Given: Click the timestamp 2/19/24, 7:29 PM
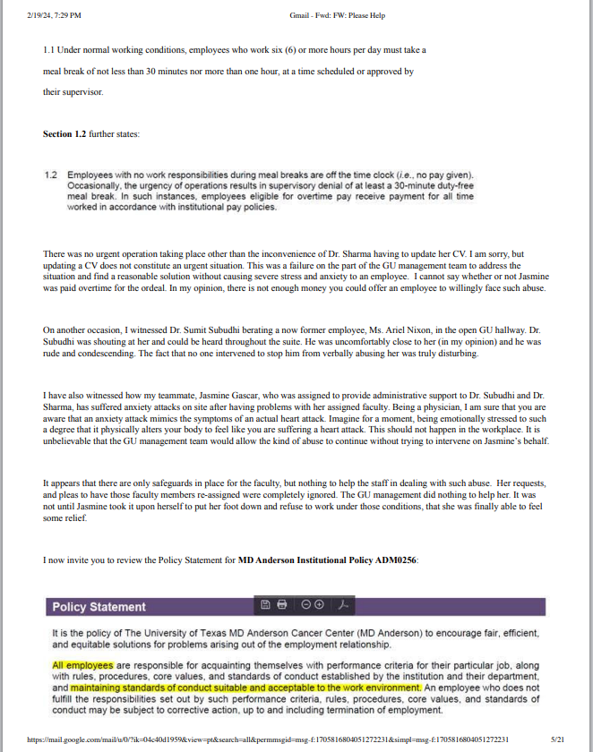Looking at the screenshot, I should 56,15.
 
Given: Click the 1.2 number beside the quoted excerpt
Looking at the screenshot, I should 51,175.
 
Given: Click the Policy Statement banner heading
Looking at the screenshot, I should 99,607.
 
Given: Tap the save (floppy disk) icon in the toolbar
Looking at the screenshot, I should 265,605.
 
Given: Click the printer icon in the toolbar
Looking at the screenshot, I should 282,605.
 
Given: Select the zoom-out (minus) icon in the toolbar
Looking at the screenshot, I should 305,605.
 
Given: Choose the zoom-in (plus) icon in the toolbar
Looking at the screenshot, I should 319,605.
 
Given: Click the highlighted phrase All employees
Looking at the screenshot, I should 82,665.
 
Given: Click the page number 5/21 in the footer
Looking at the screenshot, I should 557,740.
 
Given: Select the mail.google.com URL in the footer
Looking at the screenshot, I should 269,740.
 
